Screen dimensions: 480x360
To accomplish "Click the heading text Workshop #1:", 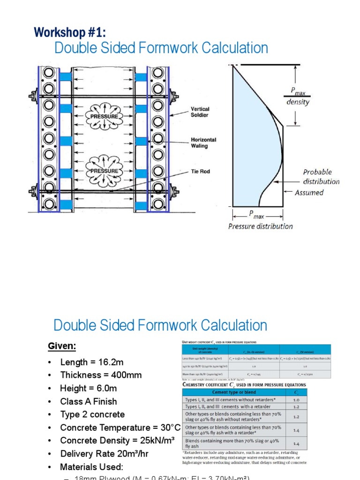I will coord(70,32).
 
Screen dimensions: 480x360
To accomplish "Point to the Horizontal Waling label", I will coord(203,143).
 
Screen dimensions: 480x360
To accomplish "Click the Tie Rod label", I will coord(200,172).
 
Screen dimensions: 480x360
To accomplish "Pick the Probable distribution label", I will coord(321,177).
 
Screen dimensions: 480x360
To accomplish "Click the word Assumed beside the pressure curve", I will coord(309,192).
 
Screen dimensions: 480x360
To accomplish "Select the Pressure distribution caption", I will coord(260,226).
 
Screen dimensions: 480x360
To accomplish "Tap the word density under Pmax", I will coord(298,102).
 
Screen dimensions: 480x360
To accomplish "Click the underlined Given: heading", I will coord(62,346).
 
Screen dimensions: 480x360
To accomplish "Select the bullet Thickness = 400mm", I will coord(101,375).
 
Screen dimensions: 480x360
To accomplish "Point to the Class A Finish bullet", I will coord(89,401).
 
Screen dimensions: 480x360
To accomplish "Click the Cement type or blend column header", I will coord(233,392).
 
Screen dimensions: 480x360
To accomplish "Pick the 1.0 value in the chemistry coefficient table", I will coord(296,400).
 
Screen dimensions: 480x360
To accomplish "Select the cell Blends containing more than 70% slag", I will coord(232,443).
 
